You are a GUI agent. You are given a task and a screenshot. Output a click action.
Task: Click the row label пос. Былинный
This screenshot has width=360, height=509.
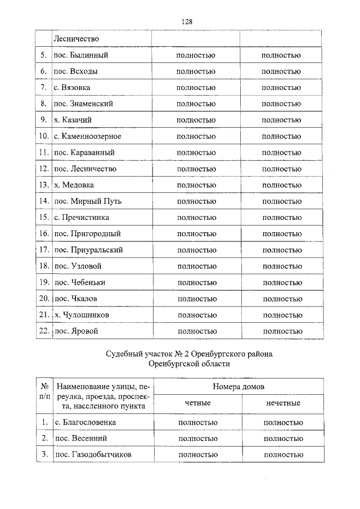[81, 55]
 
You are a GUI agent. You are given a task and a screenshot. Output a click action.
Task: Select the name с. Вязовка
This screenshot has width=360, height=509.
[72, 88]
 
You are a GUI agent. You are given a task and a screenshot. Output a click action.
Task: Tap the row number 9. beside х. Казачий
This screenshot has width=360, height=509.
[43, 120]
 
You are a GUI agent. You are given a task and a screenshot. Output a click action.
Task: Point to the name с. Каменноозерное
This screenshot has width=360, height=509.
[88, 136]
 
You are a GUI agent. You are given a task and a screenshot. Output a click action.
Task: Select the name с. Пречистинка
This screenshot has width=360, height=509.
[82, 217]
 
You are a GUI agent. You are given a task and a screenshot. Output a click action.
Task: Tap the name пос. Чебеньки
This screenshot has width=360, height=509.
[80, 282]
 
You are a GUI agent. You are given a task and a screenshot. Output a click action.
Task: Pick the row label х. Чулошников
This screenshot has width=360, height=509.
[82, 315]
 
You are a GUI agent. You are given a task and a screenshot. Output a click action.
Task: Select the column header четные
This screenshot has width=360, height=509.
[197, 403]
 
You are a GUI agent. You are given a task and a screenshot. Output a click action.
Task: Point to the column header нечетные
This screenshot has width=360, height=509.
[283, 403]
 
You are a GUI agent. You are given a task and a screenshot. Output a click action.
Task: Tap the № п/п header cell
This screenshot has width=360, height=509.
[43, 395]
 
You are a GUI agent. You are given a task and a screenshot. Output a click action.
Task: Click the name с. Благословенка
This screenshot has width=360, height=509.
[85, 422]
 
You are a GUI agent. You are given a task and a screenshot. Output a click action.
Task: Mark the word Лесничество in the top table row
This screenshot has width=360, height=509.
[76, 39]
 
